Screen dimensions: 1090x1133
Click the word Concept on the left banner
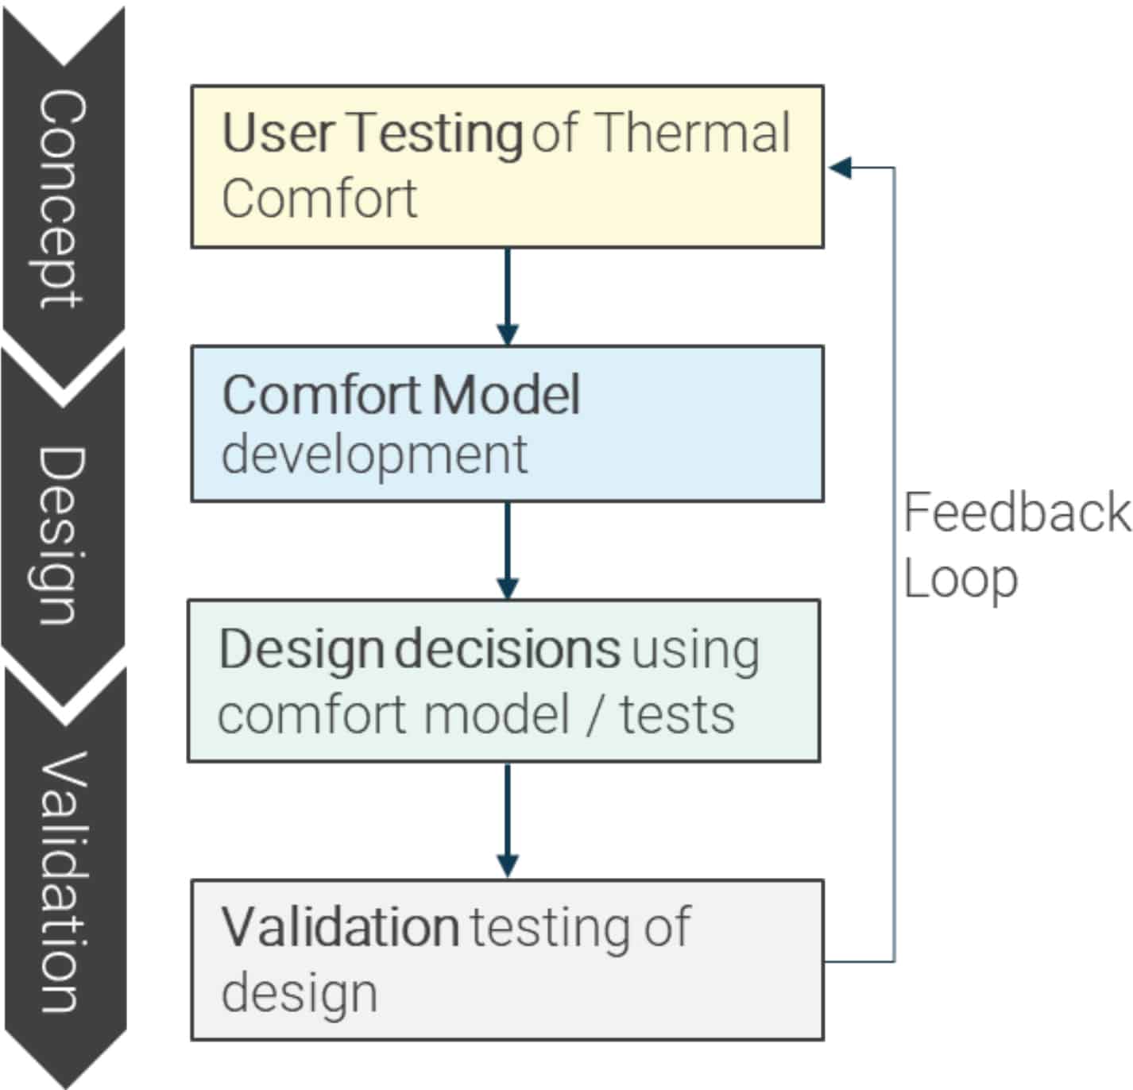(x=62, y=199)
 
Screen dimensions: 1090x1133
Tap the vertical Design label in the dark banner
(x=62, y=534)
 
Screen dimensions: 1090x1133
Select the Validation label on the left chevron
(x=62, y=882)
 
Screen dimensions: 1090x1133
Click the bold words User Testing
(x=372, y=133)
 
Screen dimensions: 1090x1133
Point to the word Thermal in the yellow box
(x=692, y=133)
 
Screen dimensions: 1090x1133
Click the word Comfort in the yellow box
(x=319, y=199)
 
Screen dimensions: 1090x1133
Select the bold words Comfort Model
(x=401, y=394)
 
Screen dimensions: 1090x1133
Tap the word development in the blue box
(x=374, y=455)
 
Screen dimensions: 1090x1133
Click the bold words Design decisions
(x=420, y=650)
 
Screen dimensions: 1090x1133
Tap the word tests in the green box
(x=677, y=715)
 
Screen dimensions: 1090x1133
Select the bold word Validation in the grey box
(x=340, y=927)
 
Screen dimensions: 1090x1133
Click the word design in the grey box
(x=300, y=993)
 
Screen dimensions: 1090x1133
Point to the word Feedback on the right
(x=1016, y=512)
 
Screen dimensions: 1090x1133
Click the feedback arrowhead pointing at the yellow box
(x=839, y=168)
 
